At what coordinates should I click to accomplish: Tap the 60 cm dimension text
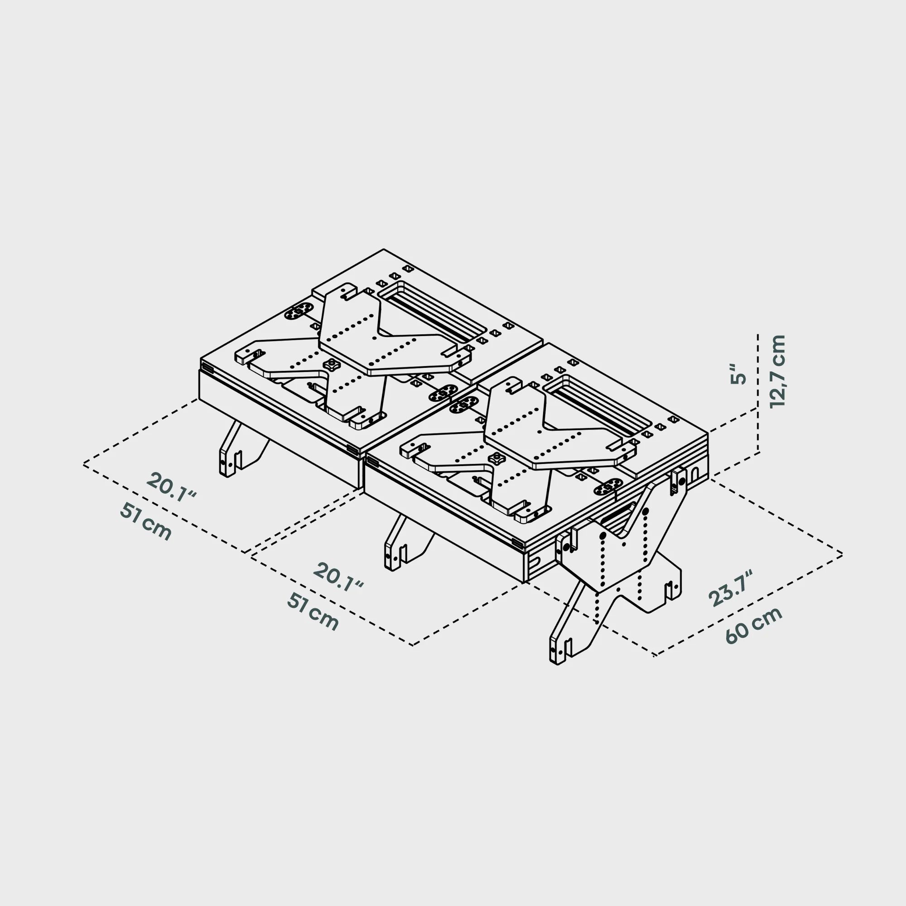pos(754,626)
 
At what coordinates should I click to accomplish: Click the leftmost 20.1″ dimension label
pos(171,487)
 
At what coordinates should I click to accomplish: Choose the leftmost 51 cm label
pos(146,522)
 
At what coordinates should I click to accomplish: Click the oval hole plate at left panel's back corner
pos(299,311)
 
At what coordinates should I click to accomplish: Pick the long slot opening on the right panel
pos(598,405)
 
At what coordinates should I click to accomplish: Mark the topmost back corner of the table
pos(384,250)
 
